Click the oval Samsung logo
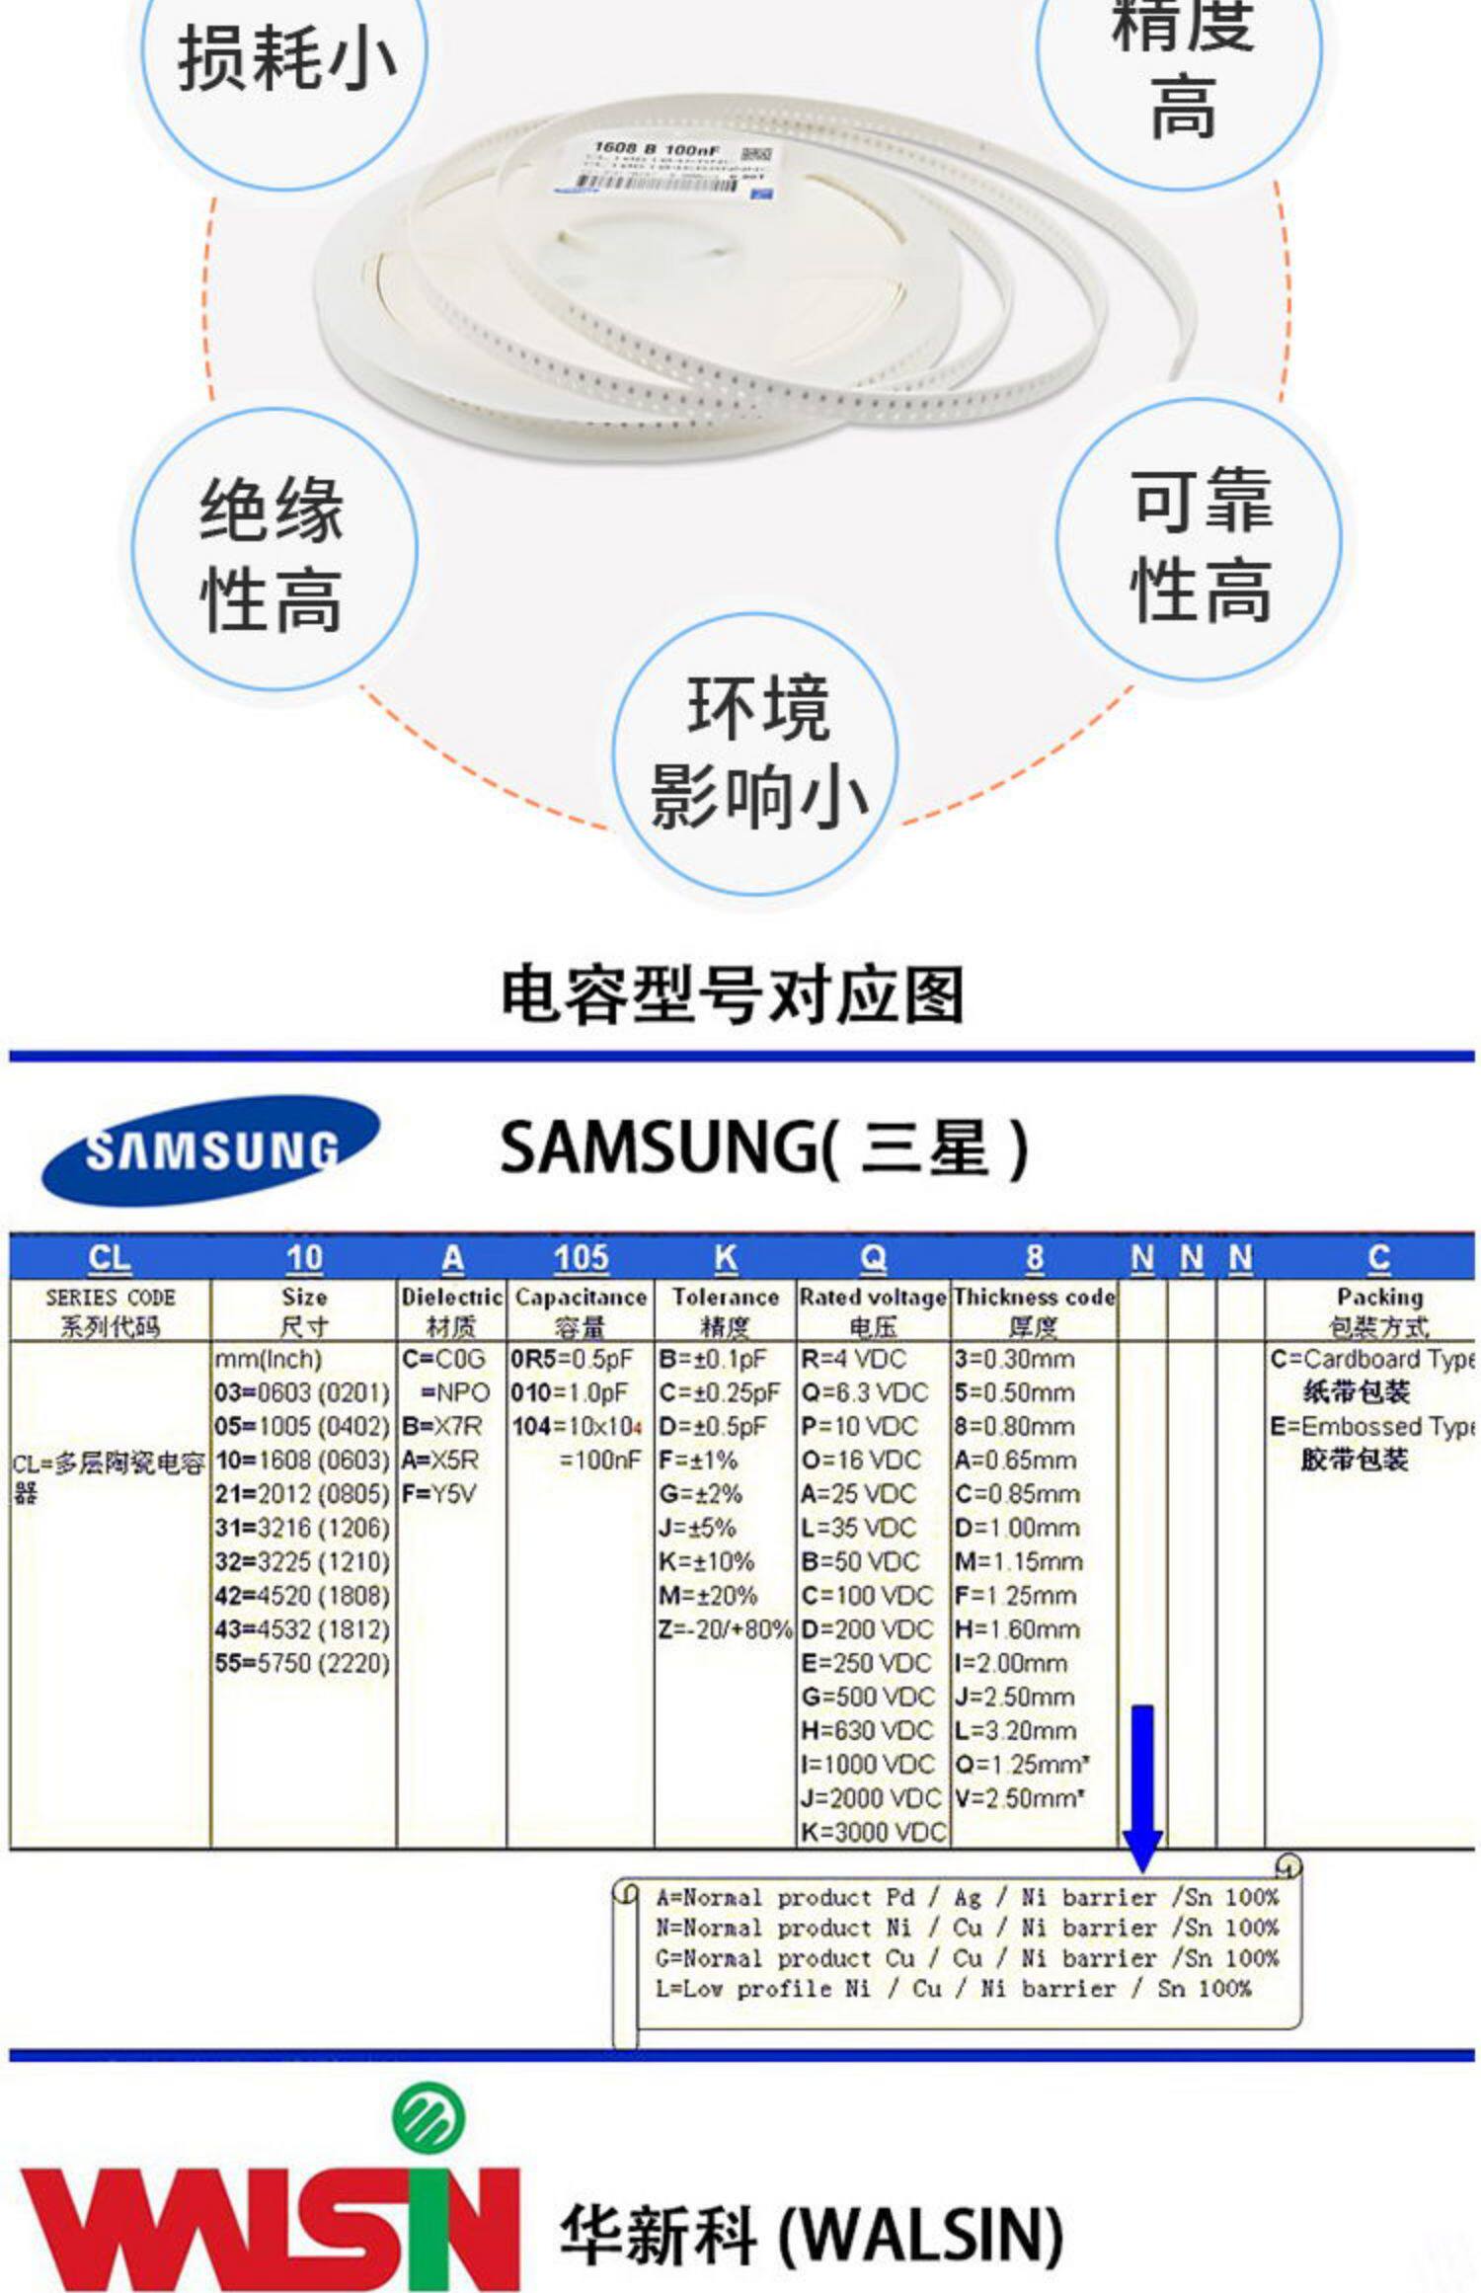point(209,1150)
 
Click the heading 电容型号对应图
point(732,994)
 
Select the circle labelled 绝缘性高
point(273,551)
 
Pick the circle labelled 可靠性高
point(1200,543)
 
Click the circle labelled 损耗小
point(284,59)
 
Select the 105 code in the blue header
point(581,1258)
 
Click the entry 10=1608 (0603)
point(302,1460)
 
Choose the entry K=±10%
point(707,1561)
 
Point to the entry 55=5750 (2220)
point(302,1663)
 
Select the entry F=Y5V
point(438,1494)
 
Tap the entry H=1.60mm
point(1017,1629)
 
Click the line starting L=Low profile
point(953,1988)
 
